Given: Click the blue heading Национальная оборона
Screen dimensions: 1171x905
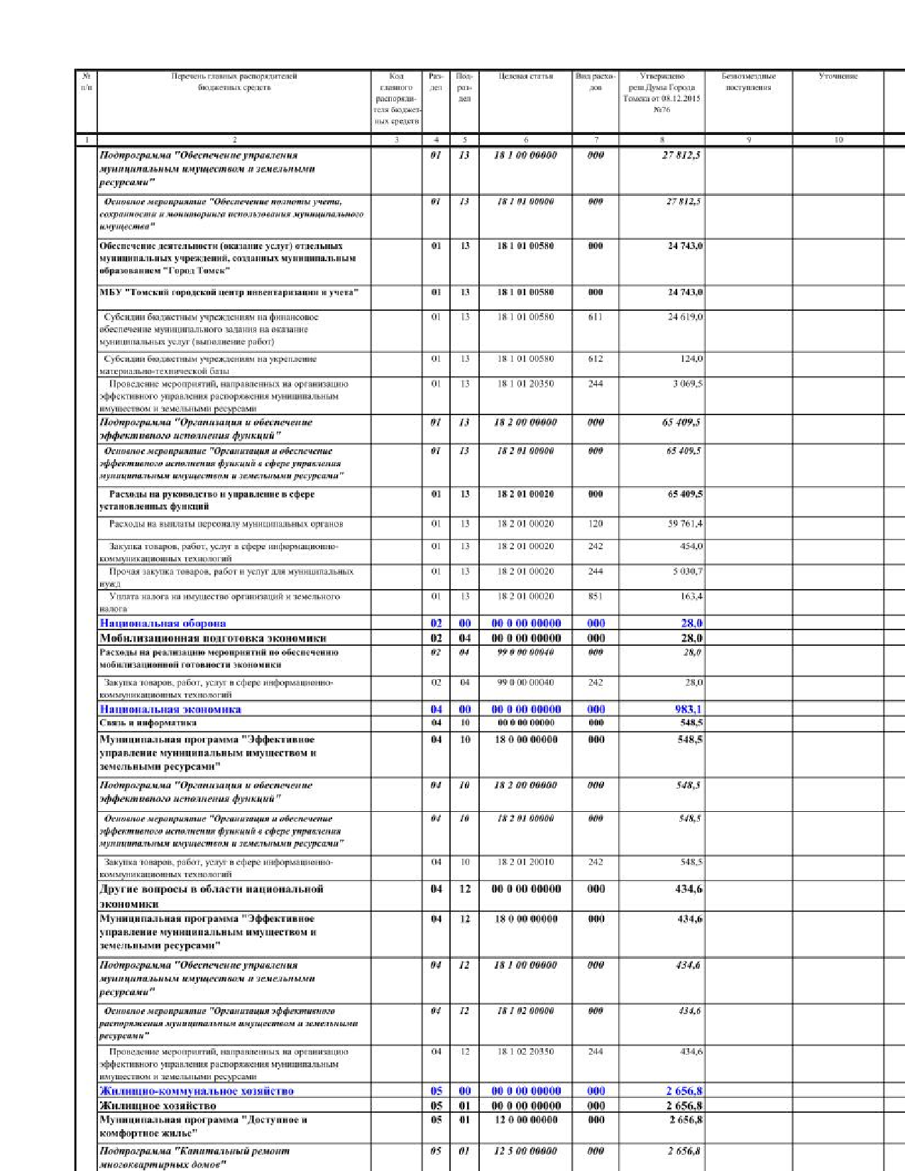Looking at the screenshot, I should [163, 623].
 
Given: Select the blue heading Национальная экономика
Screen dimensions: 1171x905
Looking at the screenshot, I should [170, 709].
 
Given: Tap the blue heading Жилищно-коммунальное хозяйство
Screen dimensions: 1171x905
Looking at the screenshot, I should [197, 1091].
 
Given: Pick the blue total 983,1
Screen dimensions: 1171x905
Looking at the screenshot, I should [689, 709].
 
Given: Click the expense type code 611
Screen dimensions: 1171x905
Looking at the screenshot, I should [596, 317].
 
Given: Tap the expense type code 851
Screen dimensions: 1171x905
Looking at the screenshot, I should [596, 596].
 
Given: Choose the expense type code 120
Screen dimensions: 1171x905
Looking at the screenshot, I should [596, 524].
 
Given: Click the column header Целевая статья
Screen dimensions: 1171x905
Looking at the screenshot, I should [525, 76].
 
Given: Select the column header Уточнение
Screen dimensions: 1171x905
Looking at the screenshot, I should [838, 76].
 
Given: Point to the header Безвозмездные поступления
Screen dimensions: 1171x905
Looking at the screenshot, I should [748, 82].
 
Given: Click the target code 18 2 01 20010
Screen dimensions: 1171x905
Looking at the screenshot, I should [525, 862].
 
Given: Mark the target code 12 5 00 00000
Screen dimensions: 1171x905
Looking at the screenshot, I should [525, 1150].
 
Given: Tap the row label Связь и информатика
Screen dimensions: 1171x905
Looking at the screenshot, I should [148, 722].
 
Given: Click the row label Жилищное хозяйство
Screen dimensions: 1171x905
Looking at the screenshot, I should [158, 1105].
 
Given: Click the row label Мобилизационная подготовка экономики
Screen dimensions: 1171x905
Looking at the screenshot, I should [212, 638].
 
